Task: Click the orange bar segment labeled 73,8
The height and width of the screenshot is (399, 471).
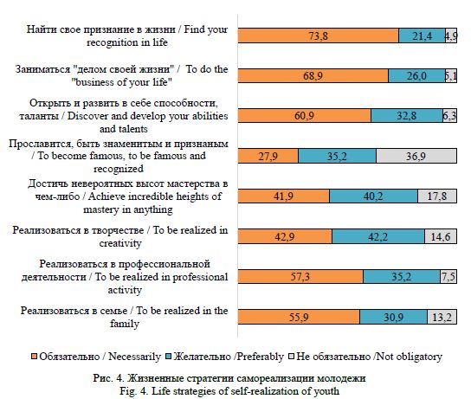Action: coord(319,35)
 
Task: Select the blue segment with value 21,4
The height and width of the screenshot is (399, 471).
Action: coord(422,35)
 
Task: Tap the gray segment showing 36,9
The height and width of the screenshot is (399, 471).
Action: coord(416,156)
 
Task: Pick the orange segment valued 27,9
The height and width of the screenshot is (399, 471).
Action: coord(268,156)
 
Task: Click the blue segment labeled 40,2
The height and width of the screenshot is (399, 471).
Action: coord(373,196)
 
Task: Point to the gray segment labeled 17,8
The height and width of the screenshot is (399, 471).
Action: coord(437,196)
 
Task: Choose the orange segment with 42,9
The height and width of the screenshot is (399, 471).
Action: coord(285,236)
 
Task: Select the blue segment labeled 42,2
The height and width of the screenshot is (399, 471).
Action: coord(378,236)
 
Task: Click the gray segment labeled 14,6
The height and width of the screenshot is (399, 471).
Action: coord(441,236)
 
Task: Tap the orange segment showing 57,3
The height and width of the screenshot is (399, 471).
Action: coord(300,276)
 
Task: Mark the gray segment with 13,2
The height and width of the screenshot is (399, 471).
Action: coord(442,317)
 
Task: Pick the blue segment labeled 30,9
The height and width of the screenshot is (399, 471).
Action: coord(393,317)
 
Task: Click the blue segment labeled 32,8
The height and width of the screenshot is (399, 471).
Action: coord(407,116)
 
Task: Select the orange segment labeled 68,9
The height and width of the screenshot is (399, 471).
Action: coord(313,75)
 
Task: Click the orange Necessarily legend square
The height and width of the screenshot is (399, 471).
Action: coord(34,357)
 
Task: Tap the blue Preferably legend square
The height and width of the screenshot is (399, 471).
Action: coord(169,357)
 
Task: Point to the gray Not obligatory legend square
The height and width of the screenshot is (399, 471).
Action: coord(292,357)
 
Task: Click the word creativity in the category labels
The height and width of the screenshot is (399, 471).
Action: coord(120,243)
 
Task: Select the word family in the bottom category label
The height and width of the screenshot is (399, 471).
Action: coord(125,324)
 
